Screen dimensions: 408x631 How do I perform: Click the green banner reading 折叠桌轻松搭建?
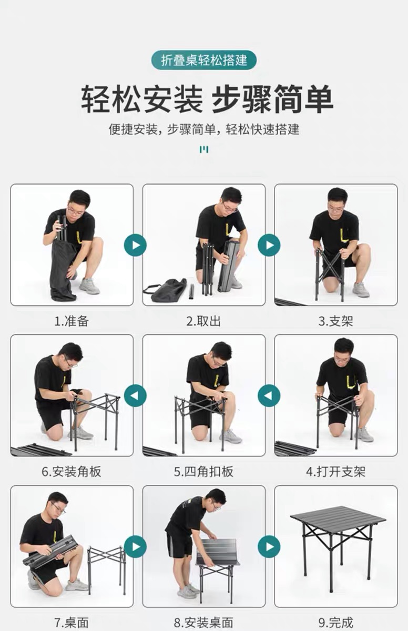204,60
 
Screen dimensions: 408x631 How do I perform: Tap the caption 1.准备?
72,321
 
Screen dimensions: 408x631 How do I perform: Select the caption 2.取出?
203,321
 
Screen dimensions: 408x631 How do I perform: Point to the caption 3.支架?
335,321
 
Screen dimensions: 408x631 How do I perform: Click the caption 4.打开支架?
335,472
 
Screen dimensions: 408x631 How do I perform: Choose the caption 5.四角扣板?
203,472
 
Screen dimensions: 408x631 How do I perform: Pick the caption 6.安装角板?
72,472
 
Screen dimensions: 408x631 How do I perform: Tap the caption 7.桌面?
72,622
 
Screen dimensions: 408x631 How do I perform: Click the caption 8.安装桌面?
203,622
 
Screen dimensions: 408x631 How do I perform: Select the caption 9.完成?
335,622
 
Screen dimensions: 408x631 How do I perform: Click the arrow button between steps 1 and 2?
135,245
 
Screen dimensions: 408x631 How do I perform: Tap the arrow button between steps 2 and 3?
269,245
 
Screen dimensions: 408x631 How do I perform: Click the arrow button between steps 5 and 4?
269,395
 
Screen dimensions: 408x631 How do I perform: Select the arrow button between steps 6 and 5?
135,395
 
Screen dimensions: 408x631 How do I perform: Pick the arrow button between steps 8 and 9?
269,546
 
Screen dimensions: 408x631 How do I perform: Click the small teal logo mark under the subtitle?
204,149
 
